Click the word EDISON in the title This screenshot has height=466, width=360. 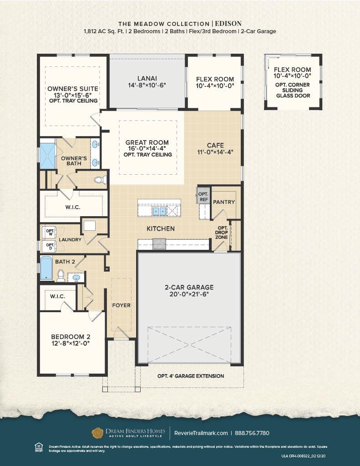228,23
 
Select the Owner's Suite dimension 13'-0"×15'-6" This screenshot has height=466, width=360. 73,95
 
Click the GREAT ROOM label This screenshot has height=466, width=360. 147,142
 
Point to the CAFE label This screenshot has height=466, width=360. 215,145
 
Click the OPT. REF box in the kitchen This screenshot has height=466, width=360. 203,196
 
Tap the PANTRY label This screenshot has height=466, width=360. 224,202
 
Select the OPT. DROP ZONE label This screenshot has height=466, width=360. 223,233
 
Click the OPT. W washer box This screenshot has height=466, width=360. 50,232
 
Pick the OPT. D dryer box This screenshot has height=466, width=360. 50,247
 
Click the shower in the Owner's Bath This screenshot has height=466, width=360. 47,155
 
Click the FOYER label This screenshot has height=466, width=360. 122,305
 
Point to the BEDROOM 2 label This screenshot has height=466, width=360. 71,337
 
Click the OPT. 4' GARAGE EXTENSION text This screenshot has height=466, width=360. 191,376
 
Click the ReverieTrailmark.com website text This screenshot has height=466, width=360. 201,433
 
